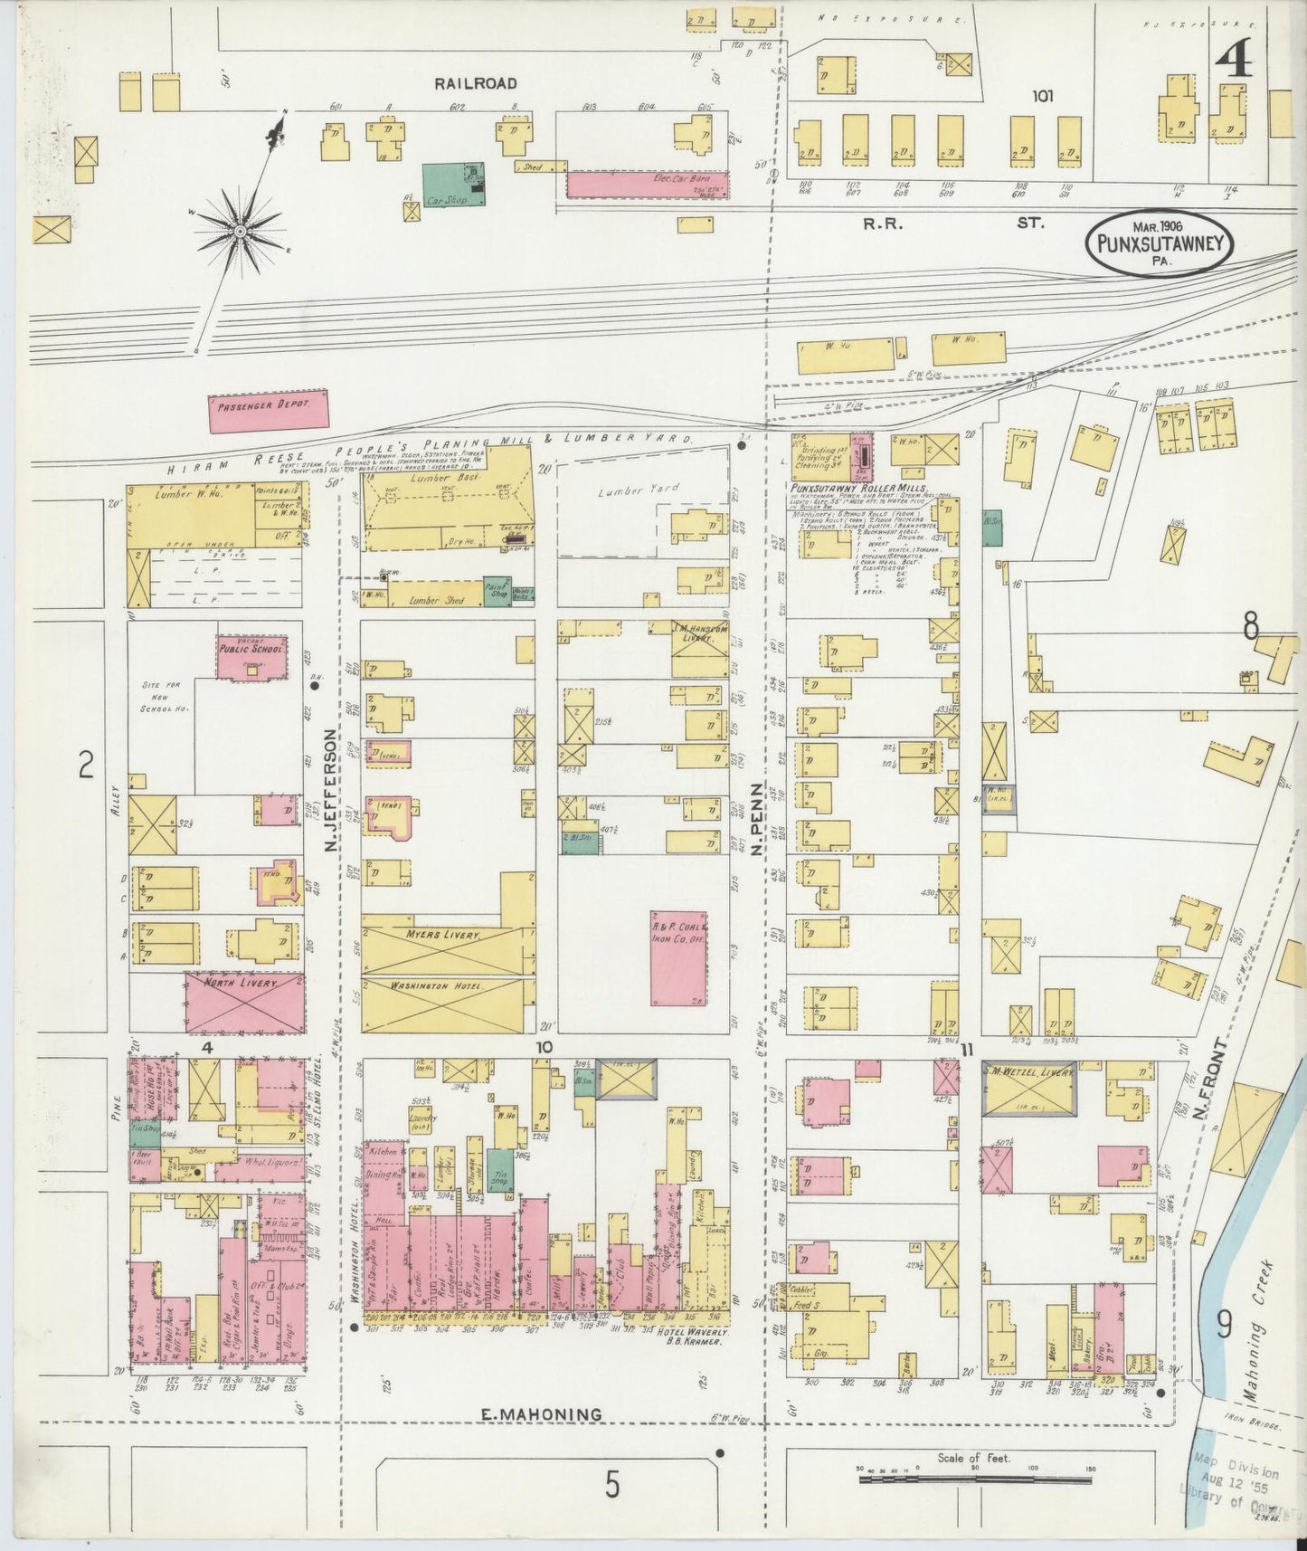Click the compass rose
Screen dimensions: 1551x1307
241,232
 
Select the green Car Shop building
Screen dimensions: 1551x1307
450,185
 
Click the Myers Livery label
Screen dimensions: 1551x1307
444,934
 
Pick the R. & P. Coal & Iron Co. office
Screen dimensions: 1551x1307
679,957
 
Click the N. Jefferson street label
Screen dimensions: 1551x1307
331,792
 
